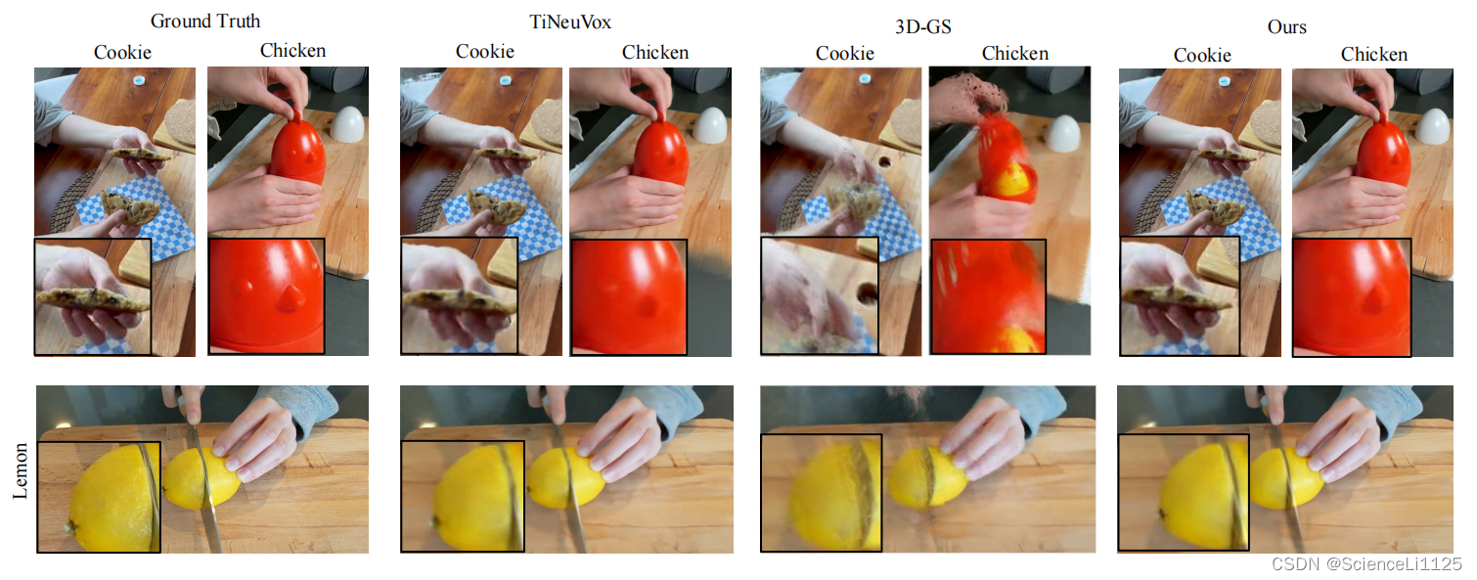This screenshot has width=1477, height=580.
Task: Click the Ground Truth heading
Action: coord(205,22)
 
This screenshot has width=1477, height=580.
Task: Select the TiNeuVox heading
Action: coord(570,22)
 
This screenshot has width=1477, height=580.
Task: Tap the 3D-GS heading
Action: coord(922,26)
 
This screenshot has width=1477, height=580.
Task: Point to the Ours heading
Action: coord(1286,26)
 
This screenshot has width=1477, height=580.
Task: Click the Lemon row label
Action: coord(20,470)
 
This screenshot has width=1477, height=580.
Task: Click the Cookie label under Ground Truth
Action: coord(122,52)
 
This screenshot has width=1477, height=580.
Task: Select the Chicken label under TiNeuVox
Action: coord(654,52)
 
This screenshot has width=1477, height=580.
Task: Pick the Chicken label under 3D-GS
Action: coord(1014,54)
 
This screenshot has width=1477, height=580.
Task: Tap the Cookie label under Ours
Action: coord(1202,55)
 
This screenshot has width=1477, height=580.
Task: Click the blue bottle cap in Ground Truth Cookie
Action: coord(139,80)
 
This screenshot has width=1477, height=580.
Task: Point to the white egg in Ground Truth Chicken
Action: coord(347,124)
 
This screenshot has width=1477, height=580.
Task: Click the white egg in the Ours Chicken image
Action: coord(1432,126)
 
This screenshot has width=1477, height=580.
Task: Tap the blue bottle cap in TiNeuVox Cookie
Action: coord(505,80)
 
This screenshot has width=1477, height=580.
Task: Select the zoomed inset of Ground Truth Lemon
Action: coord(99,497)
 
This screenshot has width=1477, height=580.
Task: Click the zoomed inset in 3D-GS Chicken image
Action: coord(988,296)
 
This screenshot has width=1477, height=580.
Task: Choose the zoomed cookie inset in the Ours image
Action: coord(1179,296)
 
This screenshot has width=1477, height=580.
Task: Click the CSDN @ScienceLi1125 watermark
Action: coord(1366,564)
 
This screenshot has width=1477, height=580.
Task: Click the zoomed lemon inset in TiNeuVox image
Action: coord(463,496)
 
